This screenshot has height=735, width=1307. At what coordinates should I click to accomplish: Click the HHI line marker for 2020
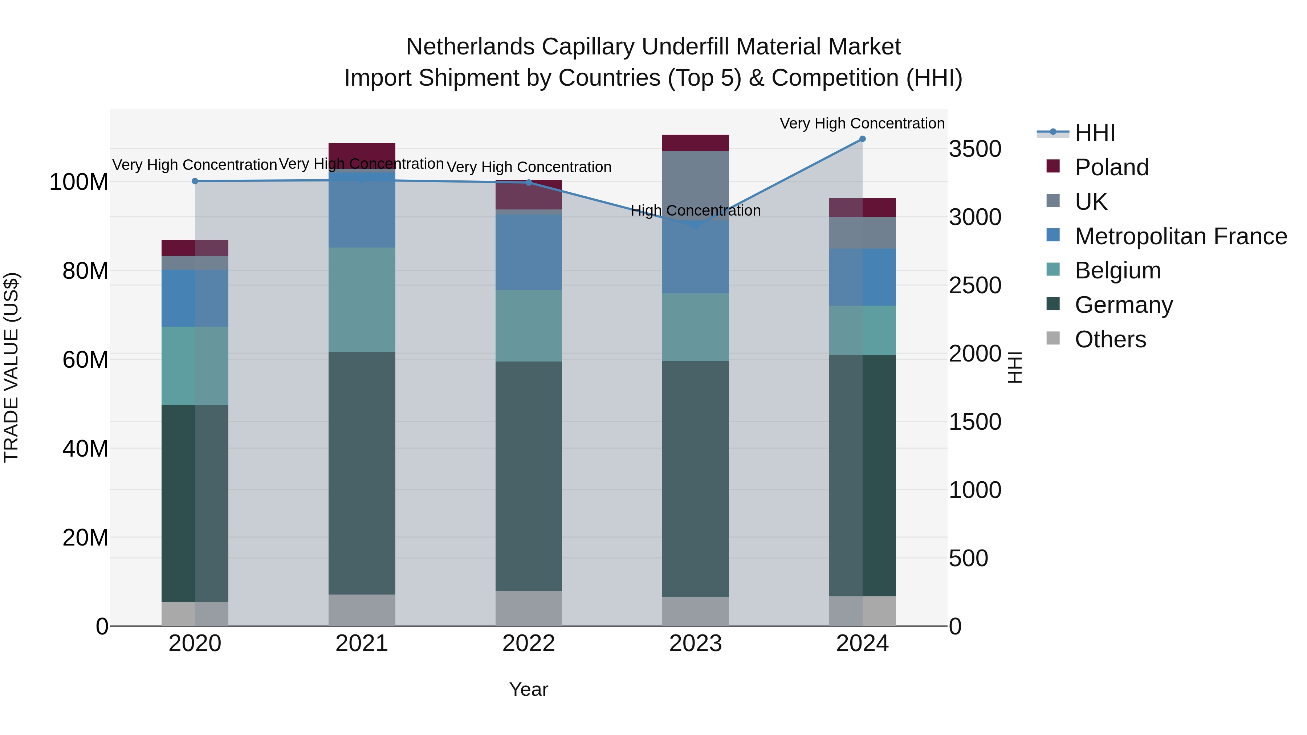click(195, 181)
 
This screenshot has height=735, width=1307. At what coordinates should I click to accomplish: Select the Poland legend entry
click(1111, 167)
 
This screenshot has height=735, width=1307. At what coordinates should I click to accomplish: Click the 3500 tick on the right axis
click(975, 149)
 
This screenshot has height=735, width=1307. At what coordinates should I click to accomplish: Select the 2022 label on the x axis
click(528, 644)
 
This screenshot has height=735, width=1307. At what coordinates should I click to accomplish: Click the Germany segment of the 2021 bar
click(362, 472)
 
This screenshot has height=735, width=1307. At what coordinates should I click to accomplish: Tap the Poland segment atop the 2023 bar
click(695, 143)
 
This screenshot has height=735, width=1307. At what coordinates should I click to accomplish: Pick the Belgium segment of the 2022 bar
click(528, 326)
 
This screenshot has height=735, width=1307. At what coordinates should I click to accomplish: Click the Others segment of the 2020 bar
click(195, 614)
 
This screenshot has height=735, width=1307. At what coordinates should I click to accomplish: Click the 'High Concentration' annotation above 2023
click(695, 211)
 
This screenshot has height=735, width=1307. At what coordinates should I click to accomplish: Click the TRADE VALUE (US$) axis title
click(11, 367)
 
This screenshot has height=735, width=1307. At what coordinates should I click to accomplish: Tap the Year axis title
click(528, 689)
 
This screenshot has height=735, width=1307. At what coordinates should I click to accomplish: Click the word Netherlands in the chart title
click(470, 47)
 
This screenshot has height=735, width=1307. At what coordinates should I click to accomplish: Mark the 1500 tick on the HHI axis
click(975, 422)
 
